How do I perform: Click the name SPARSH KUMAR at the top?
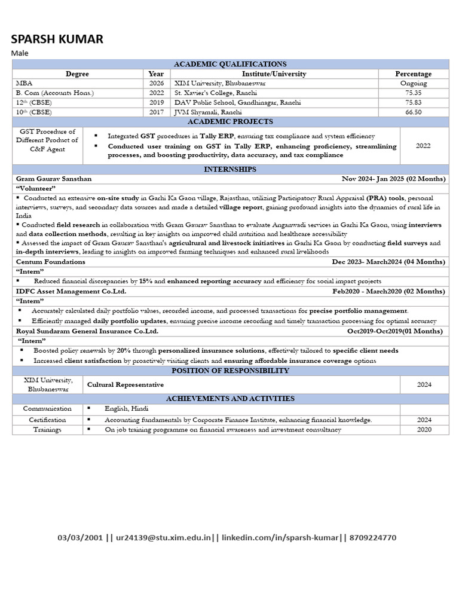click(57, 39)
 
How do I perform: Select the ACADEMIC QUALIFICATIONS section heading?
click(230, 64)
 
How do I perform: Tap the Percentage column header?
click(413, 74)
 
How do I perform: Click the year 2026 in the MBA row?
click(157, 84)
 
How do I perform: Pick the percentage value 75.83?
click(413, 103)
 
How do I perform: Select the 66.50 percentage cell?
click(413, 112)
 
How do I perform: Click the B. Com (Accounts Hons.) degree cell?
click(55, 93)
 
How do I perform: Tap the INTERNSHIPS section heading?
click(230, 170)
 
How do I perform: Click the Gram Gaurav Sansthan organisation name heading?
click(54, 179)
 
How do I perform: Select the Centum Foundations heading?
click(51, 262)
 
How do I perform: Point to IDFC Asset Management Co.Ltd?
click(71, 291)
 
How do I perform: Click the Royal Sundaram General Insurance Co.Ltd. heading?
click(87, 331)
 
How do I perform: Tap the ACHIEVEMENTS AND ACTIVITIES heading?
click(230, 399)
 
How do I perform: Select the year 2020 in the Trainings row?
click(424, 430)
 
